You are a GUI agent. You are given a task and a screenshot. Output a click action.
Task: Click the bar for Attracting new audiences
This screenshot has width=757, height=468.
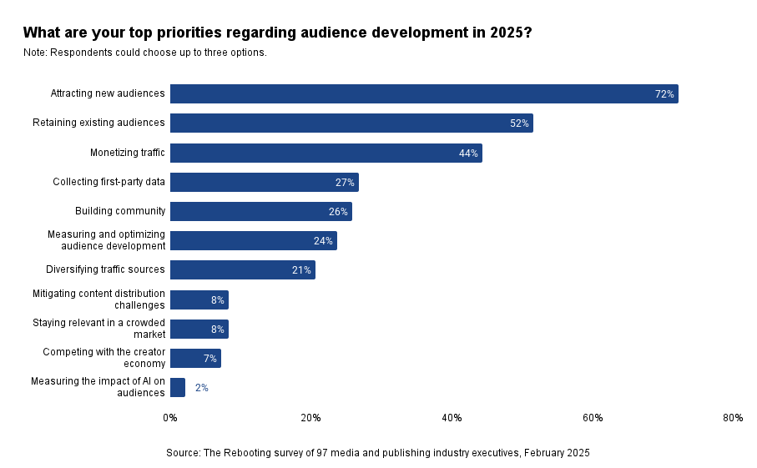(424, 93)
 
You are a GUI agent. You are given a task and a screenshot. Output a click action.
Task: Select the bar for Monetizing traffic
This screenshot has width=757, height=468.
(326, 153)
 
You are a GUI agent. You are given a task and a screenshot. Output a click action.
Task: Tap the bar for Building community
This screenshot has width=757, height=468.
(260, 211)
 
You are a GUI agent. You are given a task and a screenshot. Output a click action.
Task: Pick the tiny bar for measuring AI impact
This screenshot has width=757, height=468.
(177, 387)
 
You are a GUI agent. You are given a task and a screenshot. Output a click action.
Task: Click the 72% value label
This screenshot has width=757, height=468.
(664, 94)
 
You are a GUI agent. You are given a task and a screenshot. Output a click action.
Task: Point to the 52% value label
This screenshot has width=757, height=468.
(519, 123)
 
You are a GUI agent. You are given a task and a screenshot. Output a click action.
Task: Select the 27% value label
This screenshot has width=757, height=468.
(345, 182)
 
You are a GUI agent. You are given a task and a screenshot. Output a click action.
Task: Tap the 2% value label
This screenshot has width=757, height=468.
(201, 388)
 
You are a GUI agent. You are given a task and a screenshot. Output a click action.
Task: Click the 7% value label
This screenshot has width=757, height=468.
(210, 359)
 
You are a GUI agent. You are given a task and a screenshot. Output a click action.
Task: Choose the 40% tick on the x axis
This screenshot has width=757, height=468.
(452, 418)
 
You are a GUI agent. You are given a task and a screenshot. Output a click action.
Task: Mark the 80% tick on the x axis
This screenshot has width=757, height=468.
(733, 418)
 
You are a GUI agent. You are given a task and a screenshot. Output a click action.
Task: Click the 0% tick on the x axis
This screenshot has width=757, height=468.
(170, 418)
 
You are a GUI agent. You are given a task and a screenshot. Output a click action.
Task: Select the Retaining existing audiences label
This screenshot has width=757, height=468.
(98, 123)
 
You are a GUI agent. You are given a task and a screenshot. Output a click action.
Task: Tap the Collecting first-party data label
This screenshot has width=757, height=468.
(109, 181)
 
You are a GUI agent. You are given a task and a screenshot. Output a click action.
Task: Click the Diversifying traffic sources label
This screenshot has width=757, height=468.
(105, 269)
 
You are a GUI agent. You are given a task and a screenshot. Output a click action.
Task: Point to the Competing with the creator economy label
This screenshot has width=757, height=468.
(104, 358)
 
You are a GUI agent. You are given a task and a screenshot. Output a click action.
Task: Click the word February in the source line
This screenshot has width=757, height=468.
(542, 453)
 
